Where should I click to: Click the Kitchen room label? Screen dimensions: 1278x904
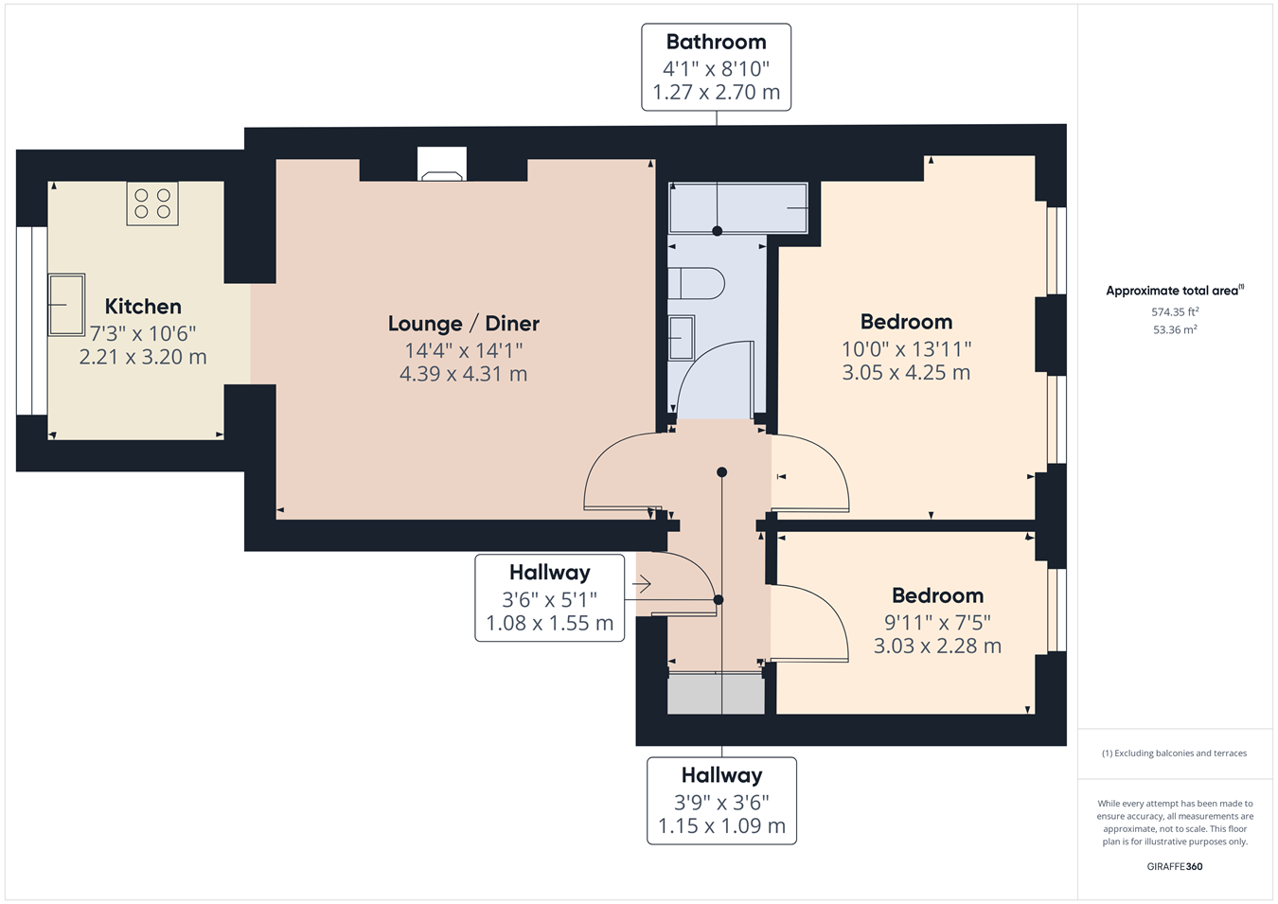pos(143,307)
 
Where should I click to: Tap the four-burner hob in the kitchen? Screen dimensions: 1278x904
pos(152,204)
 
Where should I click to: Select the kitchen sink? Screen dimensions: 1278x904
pos(66,305)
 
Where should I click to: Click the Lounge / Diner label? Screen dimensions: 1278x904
pos(463,324)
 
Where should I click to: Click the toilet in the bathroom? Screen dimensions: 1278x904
pos(696,283)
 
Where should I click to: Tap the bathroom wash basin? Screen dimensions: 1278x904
pos(682,338)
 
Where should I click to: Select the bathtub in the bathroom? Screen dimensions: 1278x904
pos(737,207)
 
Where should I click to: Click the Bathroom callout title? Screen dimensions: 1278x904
pos(716,43)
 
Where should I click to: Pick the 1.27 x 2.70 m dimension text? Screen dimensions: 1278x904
pos(716,93)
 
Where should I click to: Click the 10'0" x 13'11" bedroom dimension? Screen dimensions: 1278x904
pos(907,348)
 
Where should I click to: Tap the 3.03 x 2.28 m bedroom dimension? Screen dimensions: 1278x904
pos(937,647)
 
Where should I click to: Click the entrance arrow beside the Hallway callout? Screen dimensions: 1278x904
pos(641,584)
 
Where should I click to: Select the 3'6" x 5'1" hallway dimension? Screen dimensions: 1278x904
pos(549,599)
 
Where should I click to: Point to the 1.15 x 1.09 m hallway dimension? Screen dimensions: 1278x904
pos(721,825)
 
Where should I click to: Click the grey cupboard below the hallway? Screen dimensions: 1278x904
pos(716,694)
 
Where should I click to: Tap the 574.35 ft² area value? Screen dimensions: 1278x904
pos(1175,312)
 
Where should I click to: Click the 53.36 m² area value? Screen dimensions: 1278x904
pos(1175,329)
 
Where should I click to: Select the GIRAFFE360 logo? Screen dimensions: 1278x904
pos(1175,866)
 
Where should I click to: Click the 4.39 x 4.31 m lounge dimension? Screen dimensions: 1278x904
pos(463,374)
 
